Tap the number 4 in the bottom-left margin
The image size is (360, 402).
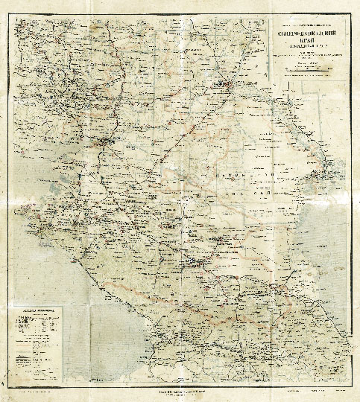4,384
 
